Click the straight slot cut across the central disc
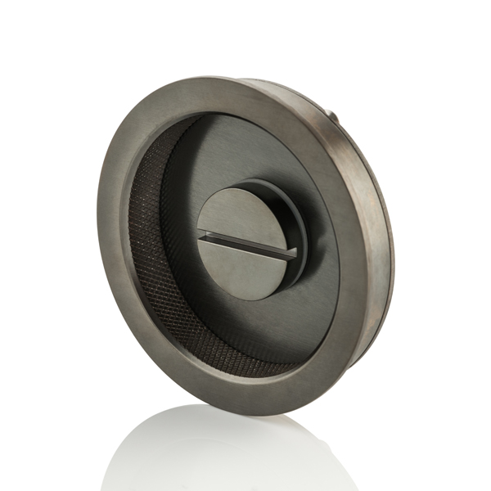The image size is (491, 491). coord(245,245)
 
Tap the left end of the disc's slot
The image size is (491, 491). coord(202,236)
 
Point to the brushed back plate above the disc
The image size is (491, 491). coord(245,147)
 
